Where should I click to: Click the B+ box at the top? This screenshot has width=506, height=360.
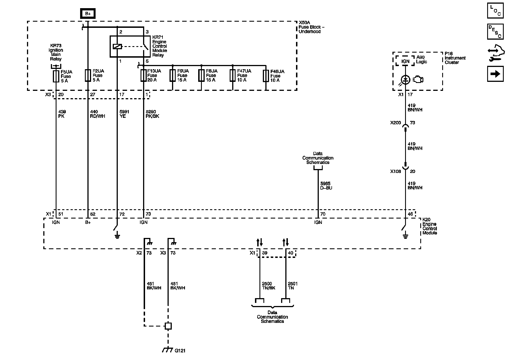coord(88,13)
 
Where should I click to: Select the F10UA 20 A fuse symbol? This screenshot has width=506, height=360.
coord(144,76)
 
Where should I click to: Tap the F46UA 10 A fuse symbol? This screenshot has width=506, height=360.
coord(266,76)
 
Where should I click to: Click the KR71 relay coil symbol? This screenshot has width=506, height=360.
coord(117,47)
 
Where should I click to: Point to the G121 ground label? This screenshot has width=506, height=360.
coord(180,351)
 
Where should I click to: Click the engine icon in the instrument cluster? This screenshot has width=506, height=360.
coord(418,80)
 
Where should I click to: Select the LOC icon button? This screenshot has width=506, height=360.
coord(495,11)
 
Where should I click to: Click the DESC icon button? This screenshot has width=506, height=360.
coord(495,31)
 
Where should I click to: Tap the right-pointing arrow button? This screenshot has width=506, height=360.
coord(495,74)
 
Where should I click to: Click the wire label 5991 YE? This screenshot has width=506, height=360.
coord(124,114)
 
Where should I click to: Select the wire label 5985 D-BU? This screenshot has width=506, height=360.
coord(326,186)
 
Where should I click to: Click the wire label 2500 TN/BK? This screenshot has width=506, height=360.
coord(268,286)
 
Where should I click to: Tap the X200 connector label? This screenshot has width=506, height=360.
coord(396,123)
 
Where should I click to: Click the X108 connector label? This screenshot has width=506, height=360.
coord(396,171)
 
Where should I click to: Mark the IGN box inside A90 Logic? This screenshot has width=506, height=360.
coord(405,61)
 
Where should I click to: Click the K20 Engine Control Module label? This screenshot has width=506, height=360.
coord(430,226)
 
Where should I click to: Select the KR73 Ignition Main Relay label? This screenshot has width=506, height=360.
coord(56,52)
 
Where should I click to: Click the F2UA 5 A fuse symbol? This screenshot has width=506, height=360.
coord(88,75)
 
